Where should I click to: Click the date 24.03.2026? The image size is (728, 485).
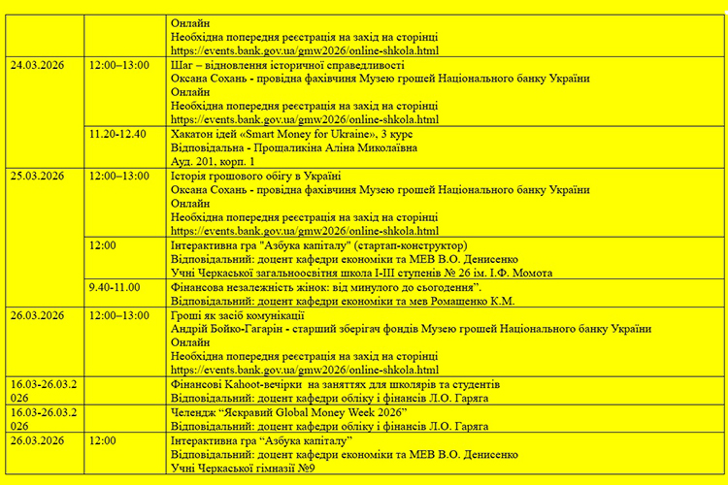pos(37,66)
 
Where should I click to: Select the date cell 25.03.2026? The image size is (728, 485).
pos(37,177)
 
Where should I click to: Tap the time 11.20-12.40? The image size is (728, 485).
pos(117,134)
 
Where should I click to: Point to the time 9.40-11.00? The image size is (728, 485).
pos(114,288)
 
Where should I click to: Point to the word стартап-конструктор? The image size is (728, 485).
pos(405,245)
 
